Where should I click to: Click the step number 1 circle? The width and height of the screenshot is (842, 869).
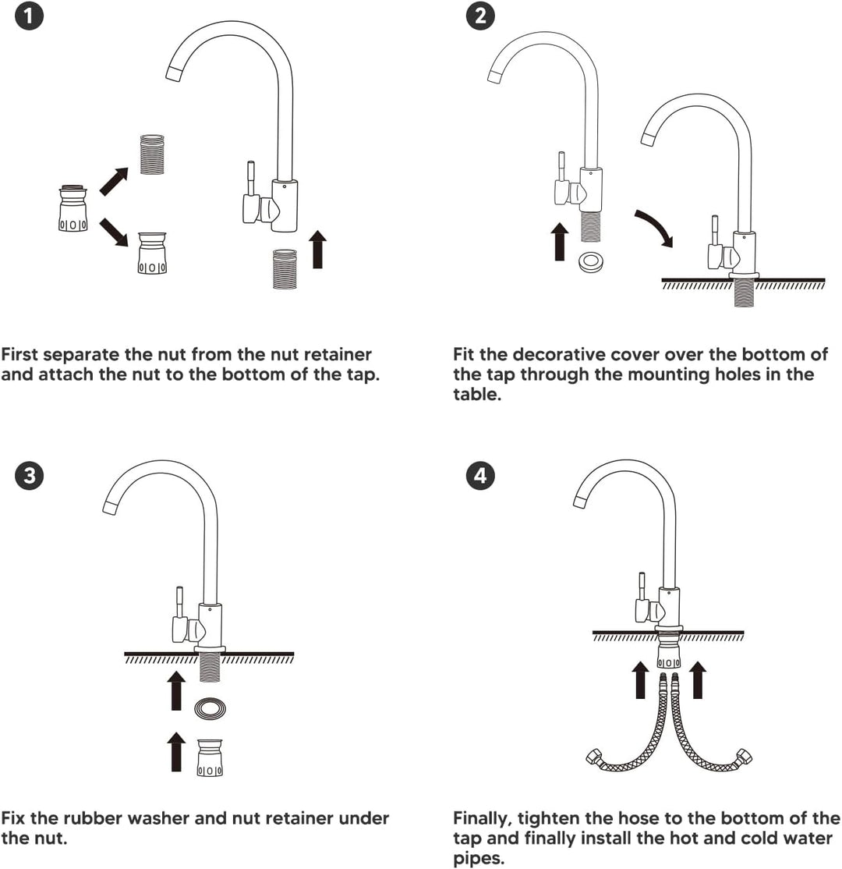(x=28, y=16)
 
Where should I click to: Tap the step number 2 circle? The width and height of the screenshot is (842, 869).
(x=480, y=16)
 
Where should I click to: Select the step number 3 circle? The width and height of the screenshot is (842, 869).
(x=30, y=475)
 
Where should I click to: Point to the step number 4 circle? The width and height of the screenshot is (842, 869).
(x=480, y=475)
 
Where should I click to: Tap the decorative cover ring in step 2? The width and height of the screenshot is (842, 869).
(x=591, y=262)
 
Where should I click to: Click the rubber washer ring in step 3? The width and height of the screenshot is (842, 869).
(x=210, y=708)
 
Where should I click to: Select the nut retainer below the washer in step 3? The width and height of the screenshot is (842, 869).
(x=210, y=757)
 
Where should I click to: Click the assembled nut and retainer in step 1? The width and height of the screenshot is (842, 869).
(x=73, y=207)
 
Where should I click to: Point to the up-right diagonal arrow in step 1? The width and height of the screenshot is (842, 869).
(x=114, y=181)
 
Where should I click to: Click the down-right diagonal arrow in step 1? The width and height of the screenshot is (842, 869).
(x=114, y=232)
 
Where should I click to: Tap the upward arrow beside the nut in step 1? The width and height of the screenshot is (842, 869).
(x=317, y=250)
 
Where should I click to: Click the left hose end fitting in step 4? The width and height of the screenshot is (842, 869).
(x=595, y=757)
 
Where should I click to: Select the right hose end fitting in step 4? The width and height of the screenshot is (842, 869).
(x=742, y=757)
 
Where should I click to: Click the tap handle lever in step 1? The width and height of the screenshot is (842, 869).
(x=250, y=178)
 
